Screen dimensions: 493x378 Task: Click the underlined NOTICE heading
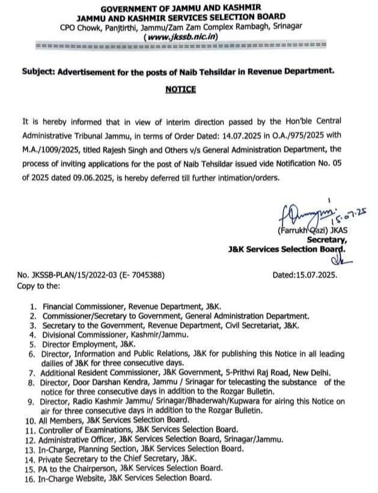click(x=180, y=89)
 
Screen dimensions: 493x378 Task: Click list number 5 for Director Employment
click(x=34, y=344)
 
